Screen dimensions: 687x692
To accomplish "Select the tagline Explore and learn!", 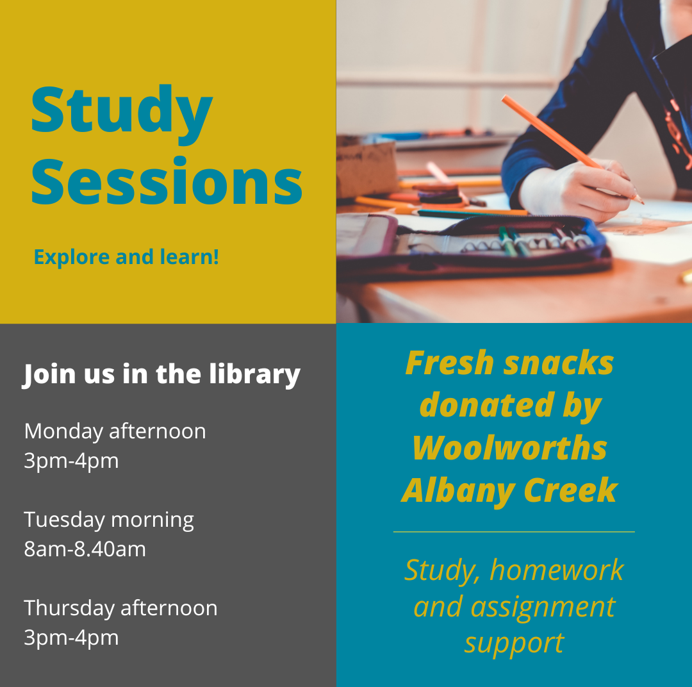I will (x=126, y=257).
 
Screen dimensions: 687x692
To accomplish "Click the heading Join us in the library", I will (x=161, y=374).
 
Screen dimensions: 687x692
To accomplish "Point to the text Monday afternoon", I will (x=115, y=431).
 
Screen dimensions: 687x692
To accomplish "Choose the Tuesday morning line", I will (x=109, y=520).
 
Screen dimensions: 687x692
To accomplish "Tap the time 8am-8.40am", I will (x=85, y=549).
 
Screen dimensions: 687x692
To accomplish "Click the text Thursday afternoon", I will (x=120, y=608).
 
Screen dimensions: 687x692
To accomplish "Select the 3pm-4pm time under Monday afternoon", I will (x=71, y=461).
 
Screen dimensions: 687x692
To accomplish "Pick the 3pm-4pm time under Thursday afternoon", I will (x=71, y=638).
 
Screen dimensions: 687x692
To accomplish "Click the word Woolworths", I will (x=509, y=448).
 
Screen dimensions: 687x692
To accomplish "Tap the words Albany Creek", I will (x=509, y=491).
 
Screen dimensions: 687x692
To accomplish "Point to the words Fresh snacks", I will (x=509, y=363).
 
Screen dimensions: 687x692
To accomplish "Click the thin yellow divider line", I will (x=513, y=532).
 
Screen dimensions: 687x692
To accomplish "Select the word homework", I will (x=557, y=570).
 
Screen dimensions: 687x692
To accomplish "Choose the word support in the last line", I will (x=514, y=642).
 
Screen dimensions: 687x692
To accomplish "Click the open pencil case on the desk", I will (x=474, y=247).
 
